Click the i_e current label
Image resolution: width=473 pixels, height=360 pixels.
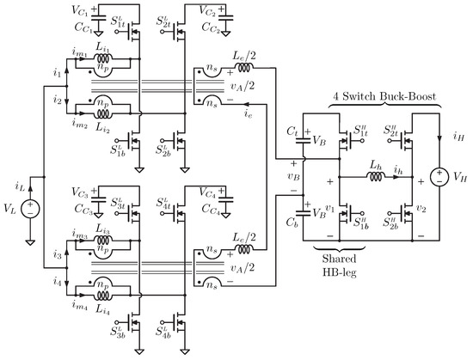[x=247, y=111]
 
